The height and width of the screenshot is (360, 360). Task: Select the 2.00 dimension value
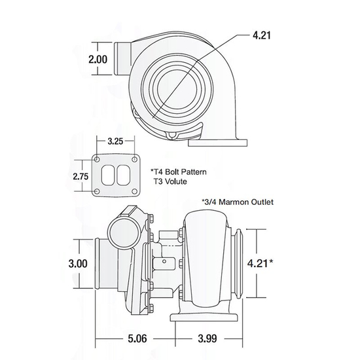pos(98,59)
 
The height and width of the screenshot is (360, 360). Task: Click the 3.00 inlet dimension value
pos(77,264)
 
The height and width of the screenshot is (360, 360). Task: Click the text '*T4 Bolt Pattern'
pos(179,172)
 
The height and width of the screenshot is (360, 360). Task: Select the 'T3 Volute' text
pos(171,183)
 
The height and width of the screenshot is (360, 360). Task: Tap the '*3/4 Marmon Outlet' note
pos(236,202)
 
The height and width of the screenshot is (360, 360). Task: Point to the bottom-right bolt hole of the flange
pos(135,191)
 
